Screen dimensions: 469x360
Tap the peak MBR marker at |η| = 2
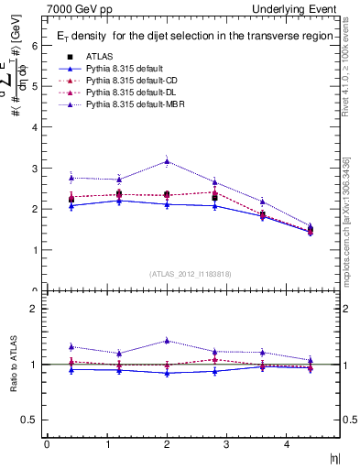tap(166, 161)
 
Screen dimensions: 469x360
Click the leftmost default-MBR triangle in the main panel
tap(71, 178)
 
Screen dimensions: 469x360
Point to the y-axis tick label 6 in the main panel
tap(34, 45)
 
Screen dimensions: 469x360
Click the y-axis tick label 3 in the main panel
tap(34, 169)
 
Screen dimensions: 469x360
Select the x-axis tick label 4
tap(286, 444)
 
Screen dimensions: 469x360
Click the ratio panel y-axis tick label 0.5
tap(30, 420)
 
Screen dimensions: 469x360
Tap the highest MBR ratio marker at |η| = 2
tap(166, 341)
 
